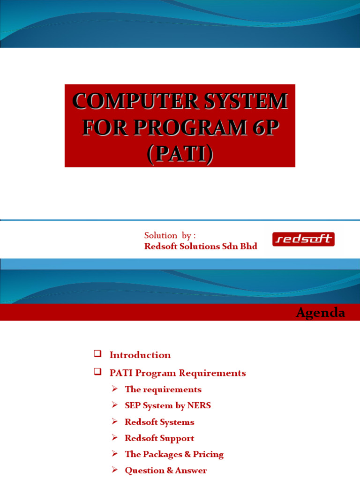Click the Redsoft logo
303,240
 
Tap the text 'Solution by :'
169,235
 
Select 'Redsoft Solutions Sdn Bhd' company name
201,246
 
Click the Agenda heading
321,313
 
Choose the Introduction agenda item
140,355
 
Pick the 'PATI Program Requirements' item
177,373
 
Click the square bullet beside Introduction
97,353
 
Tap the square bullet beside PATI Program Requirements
97,372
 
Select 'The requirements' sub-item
163,390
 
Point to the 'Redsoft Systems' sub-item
159,422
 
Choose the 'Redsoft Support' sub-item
159,438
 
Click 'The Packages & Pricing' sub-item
174,454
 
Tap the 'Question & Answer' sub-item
165,470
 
